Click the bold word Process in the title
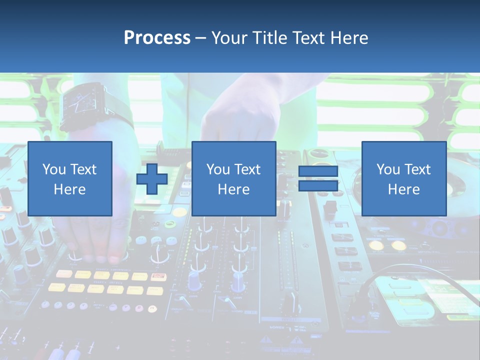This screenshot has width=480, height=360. pyautogui.click(x=157, y=37)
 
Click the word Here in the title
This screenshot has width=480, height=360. pyautogui.click(x=348, y=37)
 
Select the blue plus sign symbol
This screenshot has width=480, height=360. pyautogui.click(x=152, y=178)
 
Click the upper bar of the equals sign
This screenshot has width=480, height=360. pyautogui.click(x=318, y=171)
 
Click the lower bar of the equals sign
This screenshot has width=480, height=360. pyautogui.click(x=318, y=185)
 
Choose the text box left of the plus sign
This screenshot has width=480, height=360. pyautogui.click(x=70, y=178)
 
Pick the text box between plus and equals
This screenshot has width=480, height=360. pyautogui.click(x=233, y=178)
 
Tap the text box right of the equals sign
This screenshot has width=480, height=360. pyautogui.click(x=403, y=178)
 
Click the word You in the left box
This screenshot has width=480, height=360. pyautogui.click(x=54, y=169)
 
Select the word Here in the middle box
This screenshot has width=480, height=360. pyautogui.click(x=233, y=189)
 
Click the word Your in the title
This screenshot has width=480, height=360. pyautogui.click(x=229, y=37)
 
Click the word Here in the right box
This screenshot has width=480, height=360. pyautogui.click(x=403, y=189)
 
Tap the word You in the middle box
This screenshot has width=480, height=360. pyautogui.click(x=218, y=169)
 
